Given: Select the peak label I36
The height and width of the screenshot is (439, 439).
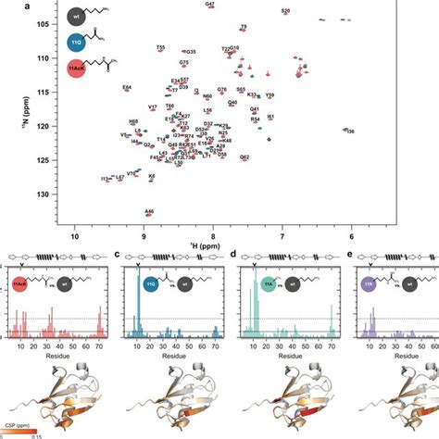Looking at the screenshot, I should (x=349, y=132).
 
